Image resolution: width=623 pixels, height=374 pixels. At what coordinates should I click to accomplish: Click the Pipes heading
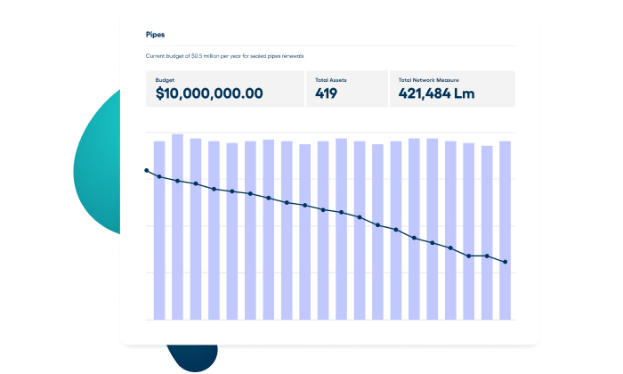tap(155, 35)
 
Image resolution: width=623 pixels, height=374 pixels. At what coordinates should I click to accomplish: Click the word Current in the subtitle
tap(156, 56)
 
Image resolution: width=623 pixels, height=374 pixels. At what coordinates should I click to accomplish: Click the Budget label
tap(165, 80)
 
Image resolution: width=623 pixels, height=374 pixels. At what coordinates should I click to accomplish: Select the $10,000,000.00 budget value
tap(209, 93)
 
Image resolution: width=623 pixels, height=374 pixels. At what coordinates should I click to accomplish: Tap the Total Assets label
tap(332, 80)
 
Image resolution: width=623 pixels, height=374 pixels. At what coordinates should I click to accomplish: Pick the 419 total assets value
tap(327, 93)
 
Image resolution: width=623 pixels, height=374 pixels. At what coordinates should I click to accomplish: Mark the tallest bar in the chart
tap(177, 226)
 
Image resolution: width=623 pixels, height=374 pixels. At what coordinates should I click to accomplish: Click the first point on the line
tap(147, 170)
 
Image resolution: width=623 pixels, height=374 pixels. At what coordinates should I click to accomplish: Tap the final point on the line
tap(506, 262)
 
